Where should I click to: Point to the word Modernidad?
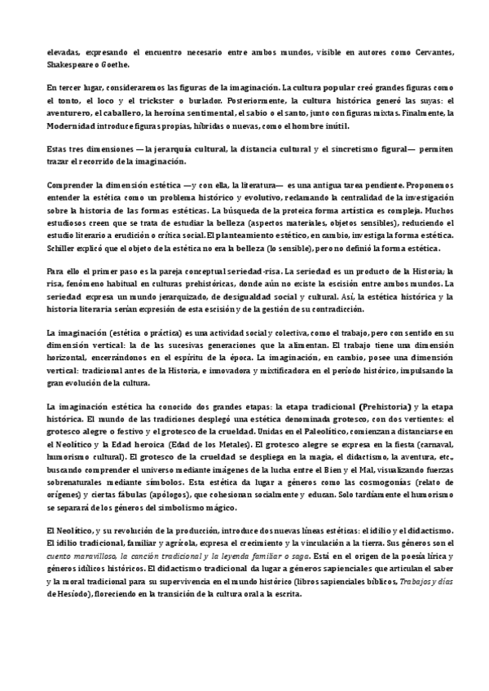coord(77,125)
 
